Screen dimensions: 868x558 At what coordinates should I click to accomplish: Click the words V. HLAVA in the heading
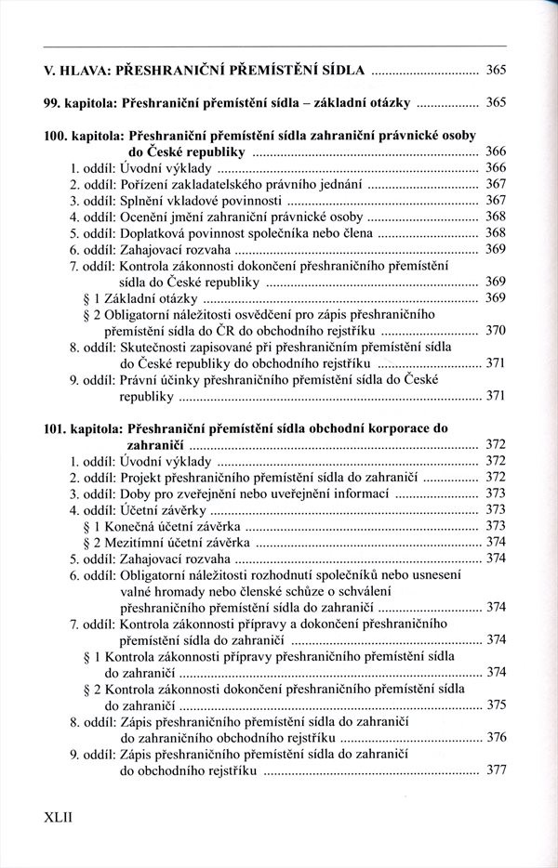pos(81,71)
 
